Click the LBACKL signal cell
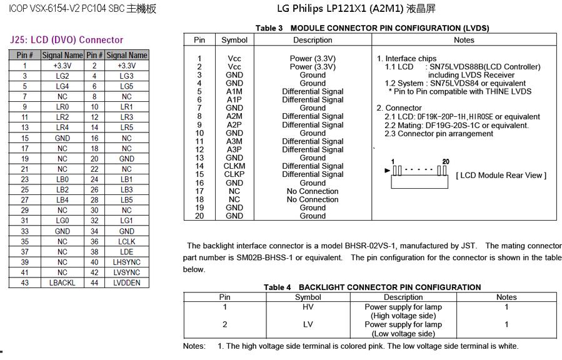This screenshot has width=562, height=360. (63, 282)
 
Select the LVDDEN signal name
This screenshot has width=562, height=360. (126, 282)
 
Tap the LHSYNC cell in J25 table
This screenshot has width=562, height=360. (126, 262)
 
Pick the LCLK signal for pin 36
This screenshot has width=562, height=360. (126, 241)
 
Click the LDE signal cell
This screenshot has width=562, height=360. (126, 252)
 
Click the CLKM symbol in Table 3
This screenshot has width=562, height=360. (234, 166)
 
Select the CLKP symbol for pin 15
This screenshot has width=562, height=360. (234, 174)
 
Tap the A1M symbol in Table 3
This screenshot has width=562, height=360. (234, 91)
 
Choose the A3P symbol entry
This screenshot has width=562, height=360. (234, 149)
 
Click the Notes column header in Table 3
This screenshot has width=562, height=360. (464, 40)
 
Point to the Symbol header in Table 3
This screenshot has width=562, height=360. (234, 40)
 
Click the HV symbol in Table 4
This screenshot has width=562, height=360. (308, 307)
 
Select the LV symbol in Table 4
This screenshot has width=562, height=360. (308, 324)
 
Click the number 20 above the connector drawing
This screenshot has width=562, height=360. (445, 161)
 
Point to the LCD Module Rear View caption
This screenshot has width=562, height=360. (501, 175)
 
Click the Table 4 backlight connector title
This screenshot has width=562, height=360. (372, 287)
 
